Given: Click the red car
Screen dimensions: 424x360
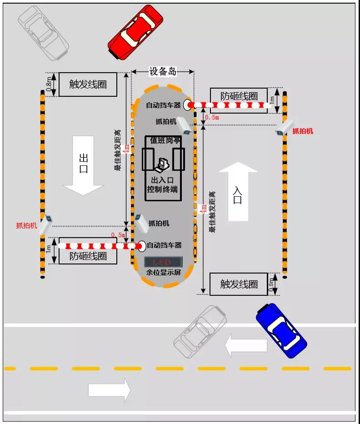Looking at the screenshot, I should (135, 32).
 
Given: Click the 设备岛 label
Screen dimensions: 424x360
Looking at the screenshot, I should (163, 71).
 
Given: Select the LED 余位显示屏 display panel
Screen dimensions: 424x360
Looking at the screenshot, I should (163, 262).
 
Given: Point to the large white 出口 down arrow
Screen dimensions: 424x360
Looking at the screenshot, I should (83, 166).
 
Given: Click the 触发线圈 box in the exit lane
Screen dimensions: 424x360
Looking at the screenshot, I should (88, 84).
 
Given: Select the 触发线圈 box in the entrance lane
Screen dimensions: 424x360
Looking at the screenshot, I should (239, 284).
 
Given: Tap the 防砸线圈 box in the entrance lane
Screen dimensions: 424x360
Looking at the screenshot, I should (239, 96).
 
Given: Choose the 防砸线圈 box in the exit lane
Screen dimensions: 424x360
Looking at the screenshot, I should (88, 256).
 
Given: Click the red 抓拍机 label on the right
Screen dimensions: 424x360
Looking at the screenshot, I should (302, 131).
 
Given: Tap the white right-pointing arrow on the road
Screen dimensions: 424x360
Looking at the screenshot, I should (109, 389).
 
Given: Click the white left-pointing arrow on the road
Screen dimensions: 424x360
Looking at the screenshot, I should (246, 345).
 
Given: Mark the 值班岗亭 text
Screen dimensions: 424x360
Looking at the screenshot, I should (165, 140).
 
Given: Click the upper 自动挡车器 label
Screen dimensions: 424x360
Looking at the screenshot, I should (163, 105).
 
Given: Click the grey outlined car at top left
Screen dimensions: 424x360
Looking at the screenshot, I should (43, 32).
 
